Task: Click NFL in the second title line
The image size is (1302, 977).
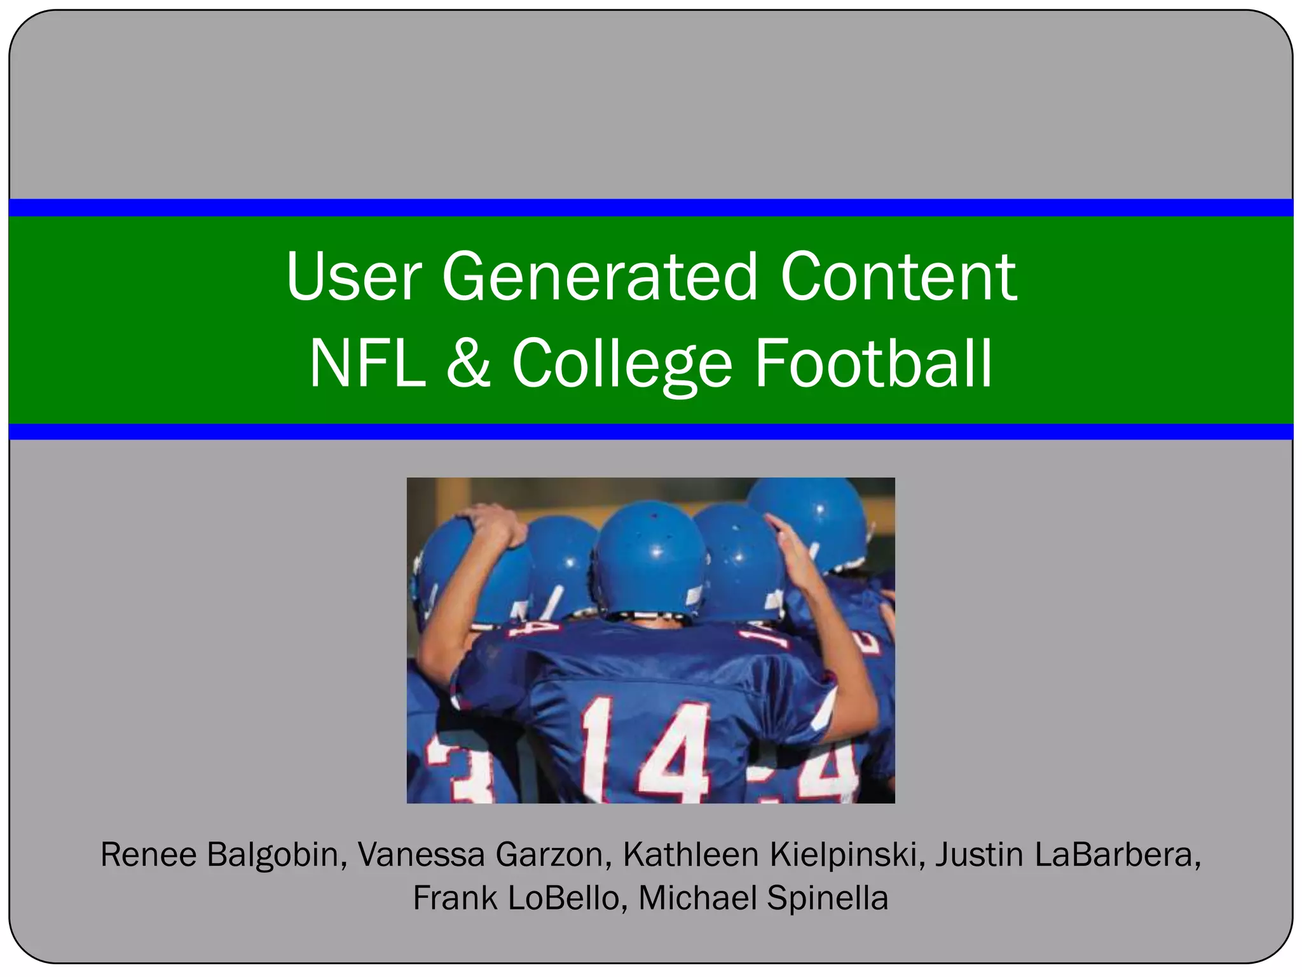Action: tap(367, 363)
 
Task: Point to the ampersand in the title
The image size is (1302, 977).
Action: tap(469, 363)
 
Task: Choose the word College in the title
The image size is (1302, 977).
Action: tap(622, 363)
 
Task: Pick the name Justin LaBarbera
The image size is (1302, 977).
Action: tap(1067, 854)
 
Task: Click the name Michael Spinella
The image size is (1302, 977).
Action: tap(763, 898)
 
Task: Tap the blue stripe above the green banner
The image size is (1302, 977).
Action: tap(651, 207)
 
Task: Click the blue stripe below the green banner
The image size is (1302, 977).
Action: tap(651, 432)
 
